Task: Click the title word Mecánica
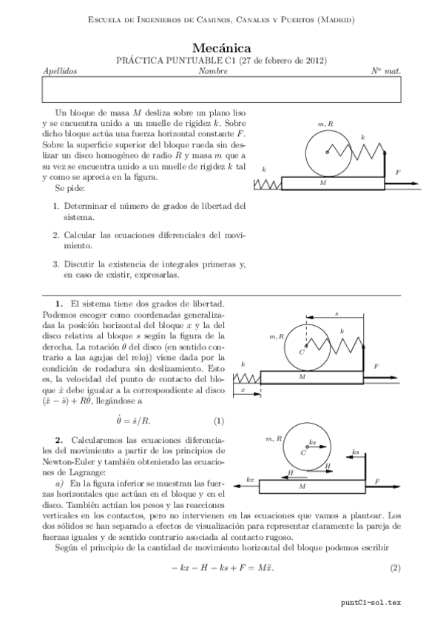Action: click(221, 47)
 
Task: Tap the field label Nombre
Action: click(213, 72)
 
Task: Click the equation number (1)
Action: click(218, 421)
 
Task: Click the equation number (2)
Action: click(395, 568)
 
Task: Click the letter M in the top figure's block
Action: click(322, 181)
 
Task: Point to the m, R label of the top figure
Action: click(325, 124)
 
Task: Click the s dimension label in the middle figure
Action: click(337, 313)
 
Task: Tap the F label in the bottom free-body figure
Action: click(377, 481)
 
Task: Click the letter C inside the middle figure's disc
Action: click(302, 353)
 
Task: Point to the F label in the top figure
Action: click(398, 172)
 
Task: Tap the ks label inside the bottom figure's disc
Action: click(313, 442)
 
